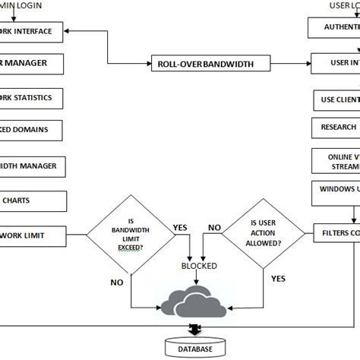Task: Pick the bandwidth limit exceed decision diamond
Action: click(131, 236)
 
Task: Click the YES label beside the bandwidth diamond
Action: click(181, 226)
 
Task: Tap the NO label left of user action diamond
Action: click(215, 226)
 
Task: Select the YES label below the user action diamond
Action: click(278, 278)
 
